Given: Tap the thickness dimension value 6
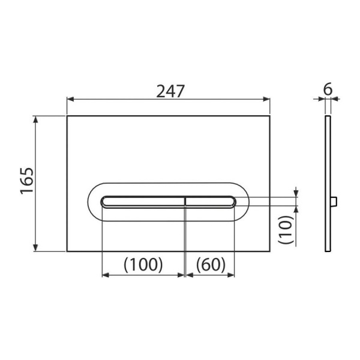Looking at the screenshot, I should coord(327,89).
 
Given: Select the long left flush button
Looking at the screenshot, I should coord(143,201).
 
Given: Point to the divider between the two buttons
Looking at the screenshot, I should coord(184,201).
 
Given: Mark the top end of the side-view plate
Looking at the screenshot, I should coord(327,117).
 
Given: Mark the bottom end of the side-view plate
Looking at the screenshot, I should coord(327,250).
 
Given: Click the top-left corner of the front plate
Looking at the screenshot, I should coord(67,116).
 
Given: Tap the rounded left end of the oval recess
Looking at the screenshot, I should coord(92,201).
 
